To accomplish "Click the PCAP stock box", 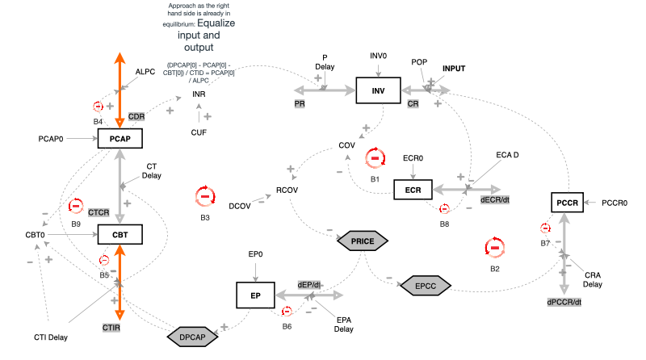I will [x=120, y=139].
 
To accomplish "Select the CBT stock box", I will [x=120, y=235].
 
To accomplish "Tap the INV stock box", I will [x=379, y=90].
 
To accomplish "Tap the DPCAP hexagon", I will [x=193, y=335].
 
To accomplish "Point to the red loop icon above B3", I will [x=205, y=196].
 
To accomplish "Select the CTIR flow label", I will [x=111, y=327].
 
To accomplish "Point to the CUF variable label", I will [x=199, y=132].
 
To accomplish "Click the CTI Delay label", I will [x=50, y=337].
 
